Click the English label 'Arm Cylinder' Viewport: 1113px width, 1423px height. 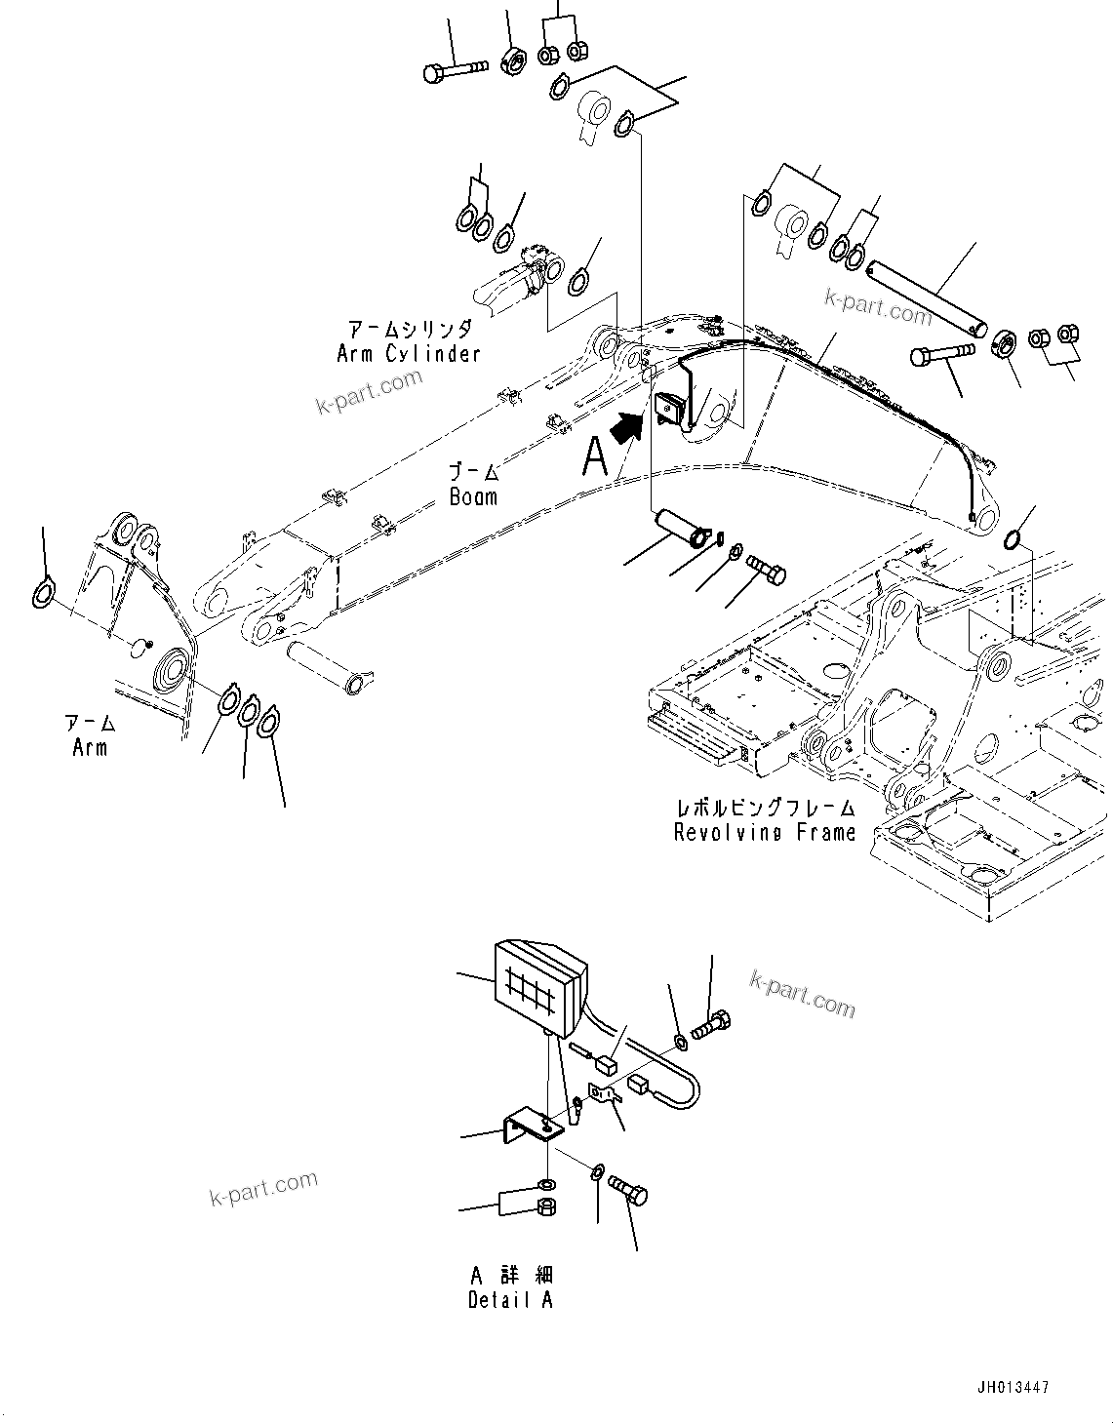[409, 353]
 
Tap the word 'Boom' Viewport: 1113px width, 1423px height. [473, 495]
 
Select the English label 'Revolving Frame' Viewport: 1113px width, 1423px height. [765, 832]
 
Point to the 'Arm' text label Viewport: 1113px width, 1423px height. [90, 748]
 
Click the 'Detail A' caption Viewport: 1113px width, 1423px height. [510, 1300]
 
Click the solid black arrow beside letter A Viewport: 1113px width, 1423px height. [628, 427]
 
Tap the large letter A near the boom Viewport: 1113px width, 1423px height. [595, 456]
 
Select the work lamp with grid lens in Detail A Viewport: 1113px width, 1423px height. [538, 986]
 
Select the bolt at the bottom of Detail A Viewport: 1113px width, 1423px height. [628, 1192]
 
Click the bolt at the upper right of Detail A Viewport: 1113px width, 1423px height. [711, 1024]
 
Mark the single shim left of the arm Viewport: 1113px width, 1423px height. [43, 592]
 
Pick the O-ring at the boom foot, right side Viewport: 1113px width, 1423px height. [1014, 538]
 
